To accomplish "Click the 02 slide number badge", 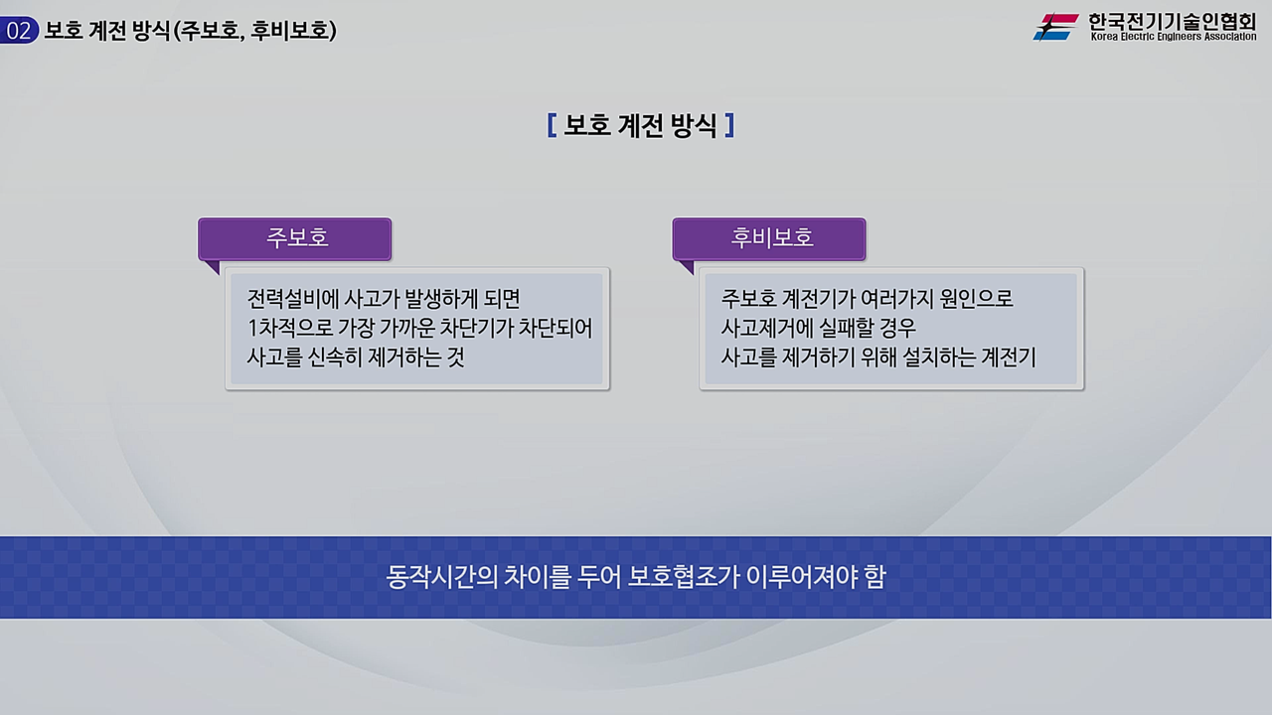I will coord(19,31).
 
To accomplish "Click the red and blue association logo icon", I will coord(1055,27).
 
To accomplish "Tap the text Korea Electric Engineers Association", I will coord(1173,38).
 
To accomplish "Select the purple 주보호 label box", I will coord(295,238).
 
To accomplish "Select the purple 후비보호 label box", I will coord(769,238).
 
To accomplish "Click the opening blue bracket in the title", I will coord(552,126).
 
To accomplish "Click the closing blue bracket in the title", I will coord(729,126).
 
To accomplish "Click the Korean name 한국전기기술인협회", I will coord(1173,20).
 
